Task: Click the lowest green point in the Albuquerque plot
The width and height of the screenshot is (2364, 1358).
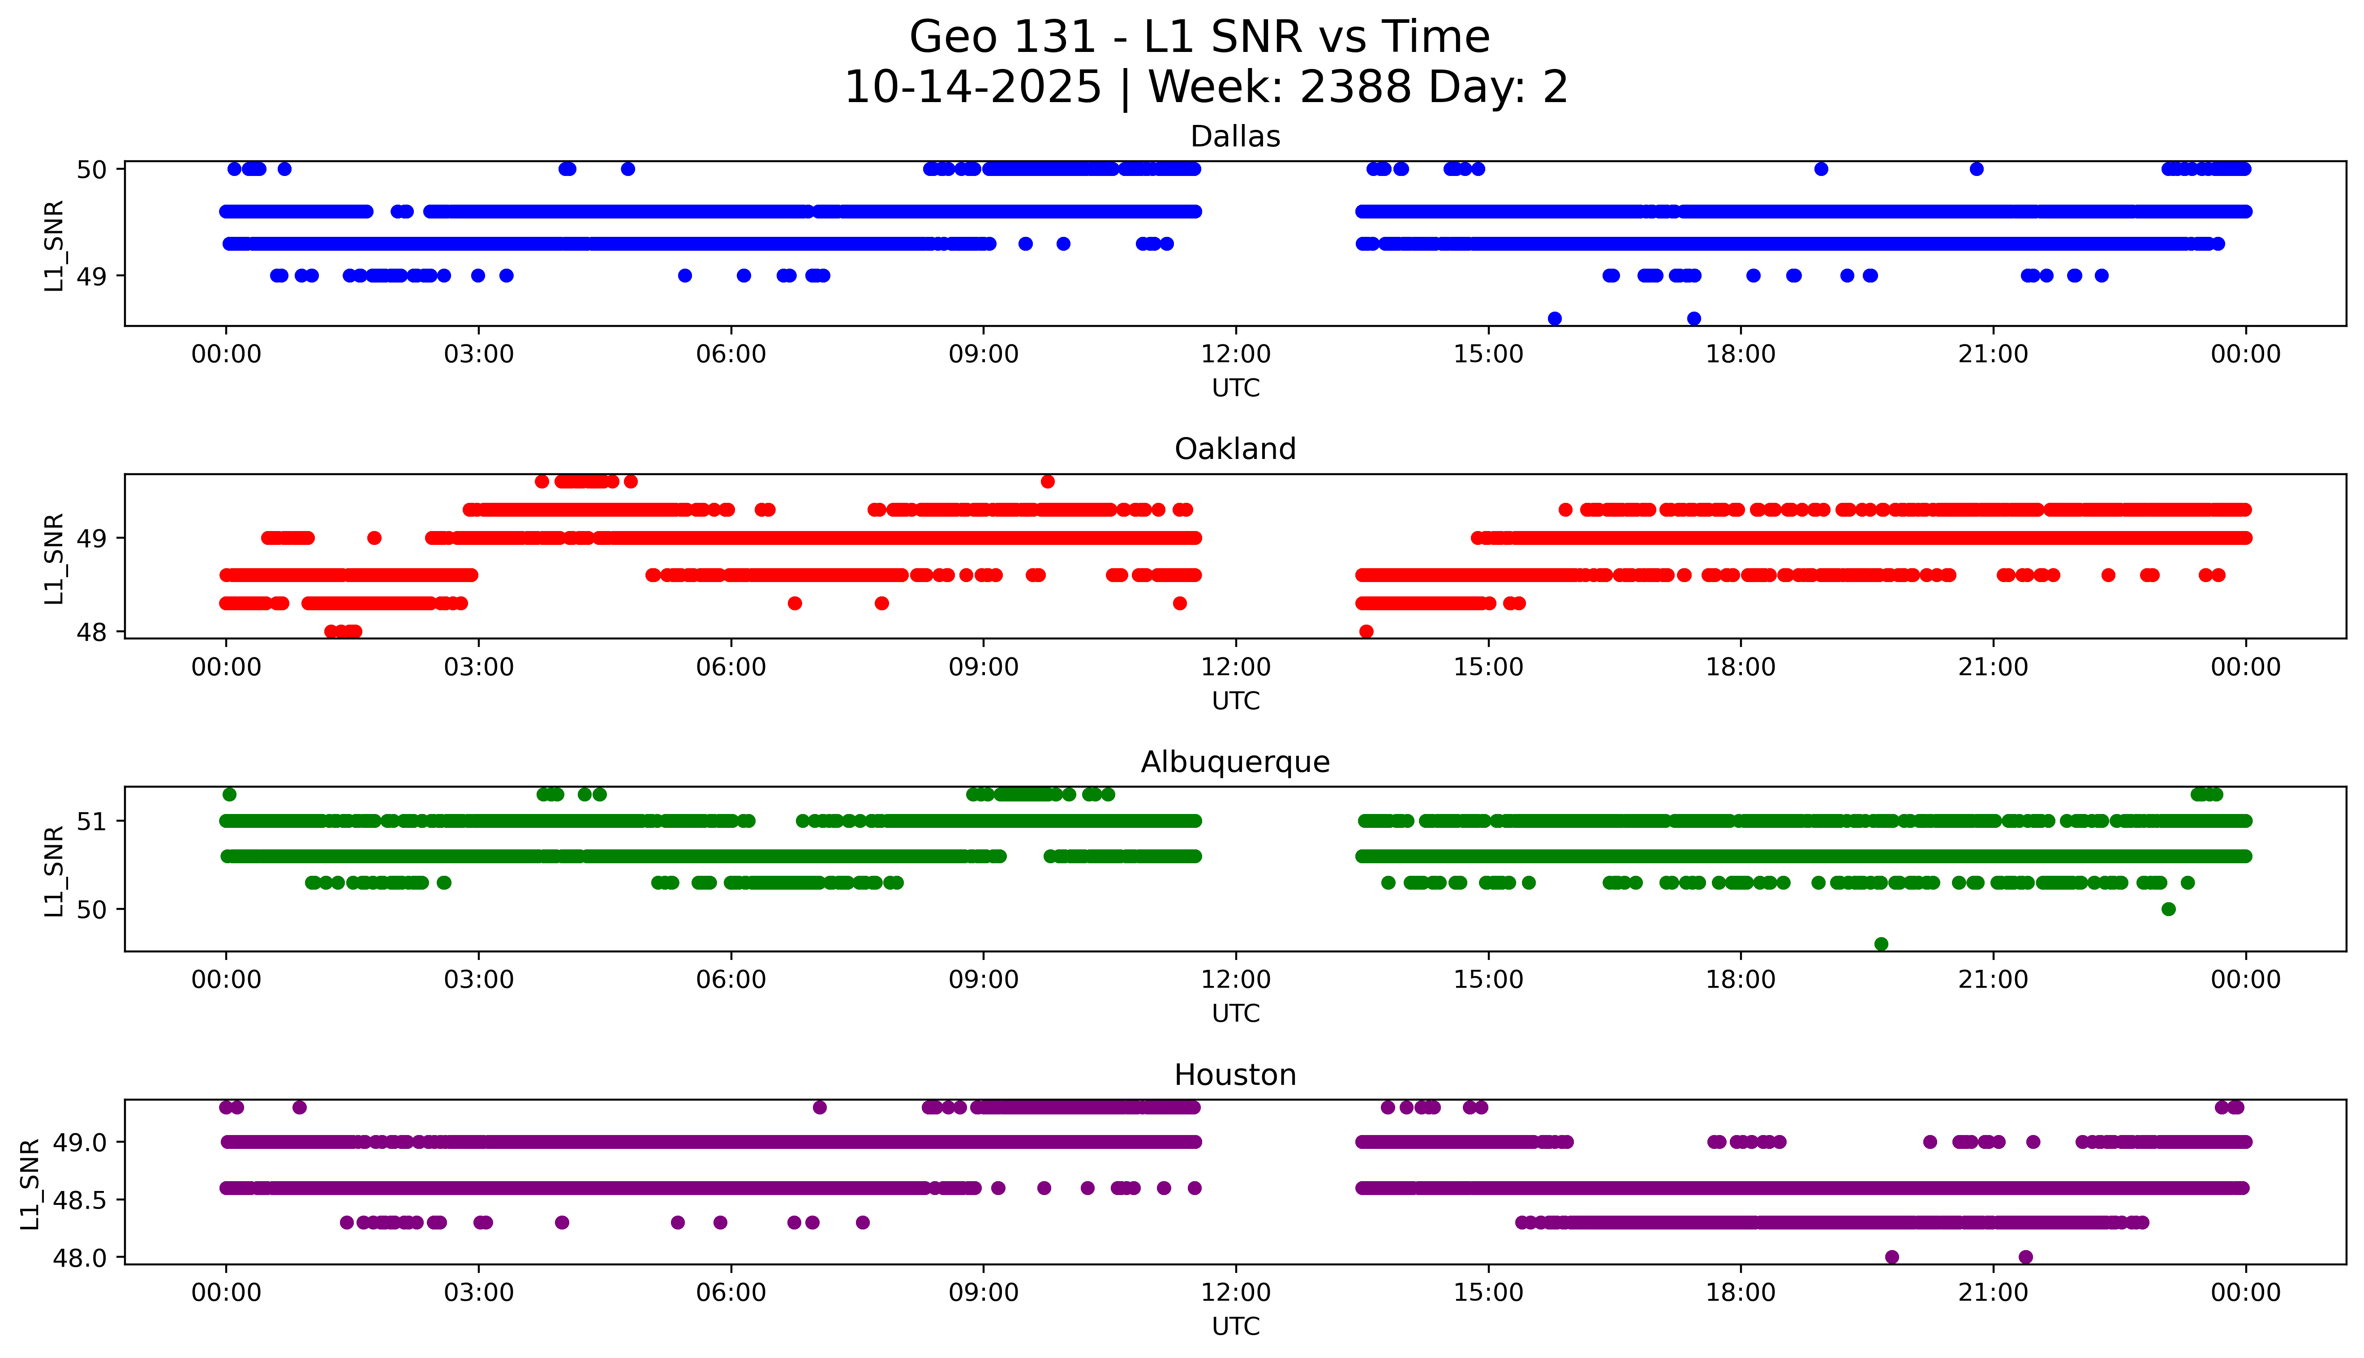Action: pos(1881,944)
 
